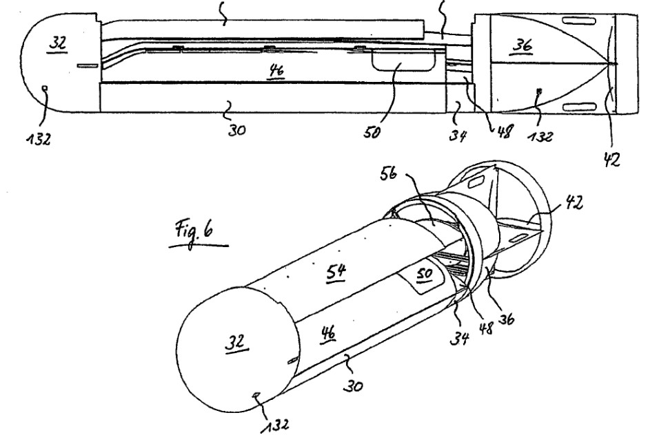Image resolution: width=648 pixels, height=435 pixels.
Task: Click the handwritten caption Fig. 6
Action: pos(194,233)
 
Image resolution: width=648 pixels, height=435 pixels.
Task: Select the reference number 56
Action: pos(388,173)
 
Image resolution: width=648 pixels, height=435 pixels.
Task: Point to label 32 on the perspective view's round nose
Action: pos(235,342)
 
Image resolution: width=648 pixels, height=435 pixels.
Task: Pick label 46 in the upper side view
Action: pos(276,71)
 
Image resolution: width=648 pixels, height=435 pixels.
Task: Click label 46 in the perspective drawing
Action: pos(327,332)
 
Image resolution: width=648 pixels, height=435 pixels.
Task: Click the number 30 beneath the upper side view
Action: pos(236,130)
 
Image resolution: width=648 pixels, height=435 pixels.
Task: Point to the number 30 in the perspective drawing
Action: pos(353,385)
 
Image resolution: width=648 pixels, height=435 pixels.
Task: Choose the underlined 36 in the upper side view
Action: pos(523,45)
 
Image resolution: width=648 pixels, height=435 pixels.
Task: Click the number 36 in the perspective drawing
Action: pos(505,318)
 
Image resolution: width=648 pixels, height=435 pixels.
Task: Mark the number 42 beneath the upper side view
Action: pos(612,159)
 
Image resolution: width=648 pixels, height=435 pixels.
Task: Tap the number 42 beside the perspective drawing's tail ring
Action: pos(574,202)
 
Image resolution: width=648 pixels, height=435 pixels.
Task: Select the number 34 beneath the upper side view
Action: pos(458,134)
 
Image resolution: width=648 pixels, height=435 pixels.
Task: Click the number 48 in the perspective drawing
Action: pos(485,328)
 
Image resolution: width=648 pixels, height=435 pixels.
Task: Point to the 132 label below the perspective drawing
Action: pos(275,425)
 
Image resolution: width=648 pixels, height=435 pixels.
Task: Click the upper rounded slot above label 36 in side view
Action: pos(579,20)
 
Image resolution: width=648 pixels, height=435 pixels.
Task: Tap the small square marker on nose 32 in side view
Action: pos(45,87)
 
